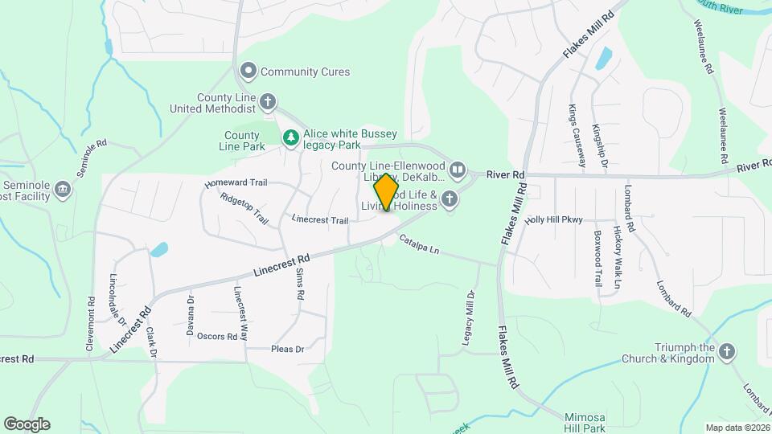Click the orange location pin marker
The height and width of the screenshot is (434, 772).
[x=387, y=191]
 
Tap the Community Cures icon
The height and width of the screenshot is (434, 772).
[x=249, y=72]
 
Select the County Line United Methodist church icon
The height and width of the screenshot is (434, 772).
[x=269, y=102]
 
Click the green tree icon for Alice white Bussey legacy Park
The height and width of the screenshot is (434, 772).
[x=290, y=139]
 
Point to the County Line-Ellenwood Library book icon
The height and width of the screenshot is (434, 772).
[x=457, y=170]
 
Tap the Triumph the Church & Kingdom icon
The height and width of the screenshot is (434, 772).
[x=727, y=352]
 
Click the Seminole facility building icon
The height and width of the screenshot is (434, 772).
[x=63, y=190]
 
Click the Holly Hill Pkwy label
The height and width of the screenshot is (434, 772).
[x=552, y=220]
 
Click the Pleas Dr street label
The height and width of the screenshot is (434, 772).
[x=287, y=350]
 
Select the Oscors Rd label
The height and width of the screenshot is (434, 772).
[x=217, y=337]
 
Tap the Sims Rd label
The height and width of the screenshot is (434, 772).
[x=300, y=285]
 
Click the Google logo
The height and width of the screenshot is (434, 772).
[x=27, y=424]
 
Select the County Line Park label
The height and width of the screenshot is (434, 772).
[x=242, y=141]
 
